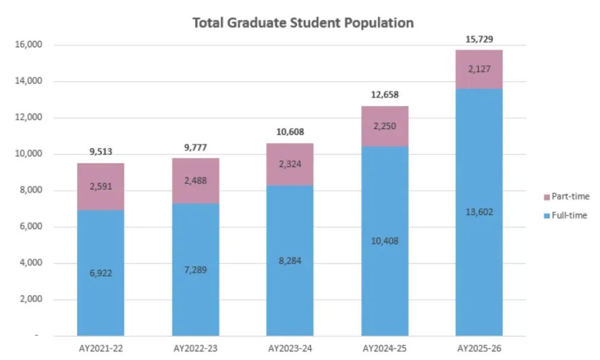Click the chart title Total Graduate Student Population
[302, 23]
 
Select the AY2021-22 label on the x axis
[101, 348]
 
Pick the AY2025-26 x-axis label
[479, 348]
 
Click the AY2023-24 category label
[290, 348]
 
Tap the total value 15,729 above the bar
[479, 40]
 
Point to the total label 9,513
[101, 152]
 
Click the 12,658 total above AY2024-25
[385, 95]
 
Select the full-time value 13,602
[479, 212]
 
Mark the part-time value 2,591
[101, 187]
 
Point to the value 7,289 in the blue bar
[196, 269]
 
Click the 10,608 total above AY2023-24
[290, 132]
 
